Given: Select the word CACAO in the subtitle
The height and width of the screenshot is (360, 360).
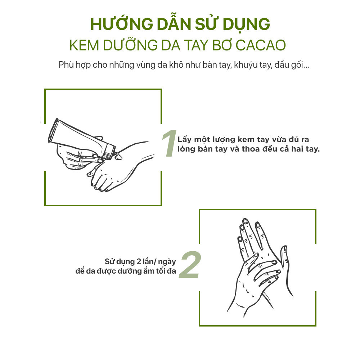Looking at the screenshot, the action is point(261,45).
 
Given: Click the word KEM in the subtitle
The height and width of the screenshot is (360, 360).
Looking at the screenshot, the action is point(84,45).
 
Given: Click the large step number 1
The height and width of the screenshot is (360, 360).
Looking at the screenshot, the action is point(169,144).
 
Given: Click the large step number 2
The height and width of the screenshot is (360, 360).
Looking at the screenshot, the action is point(190,265).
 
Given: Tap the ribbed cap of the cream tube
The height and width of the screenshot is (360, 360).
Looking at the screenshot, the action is point(109,151).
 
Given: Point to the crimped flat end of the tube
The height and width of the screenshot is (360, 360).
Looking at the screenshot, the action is point(53,130).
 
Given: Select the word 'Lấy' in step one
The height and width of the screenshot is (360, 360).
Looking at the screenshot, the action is point(185,140).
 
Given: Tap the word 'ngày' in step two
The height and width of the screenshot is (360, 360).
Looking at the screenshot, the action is point(167,262).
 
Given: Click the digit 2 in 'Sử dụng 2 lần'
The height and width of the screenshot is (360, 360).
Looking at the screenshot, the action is point(139,261).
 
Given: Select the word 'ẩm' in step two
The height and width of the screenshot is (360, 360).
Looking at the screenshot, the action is point(149,271).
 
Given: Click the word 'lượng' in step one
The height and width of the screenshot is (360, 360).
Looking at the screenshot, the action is point(224,140).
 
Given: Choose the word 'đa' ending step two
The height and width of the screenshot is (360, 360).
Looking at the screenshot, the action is point(171,271).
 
